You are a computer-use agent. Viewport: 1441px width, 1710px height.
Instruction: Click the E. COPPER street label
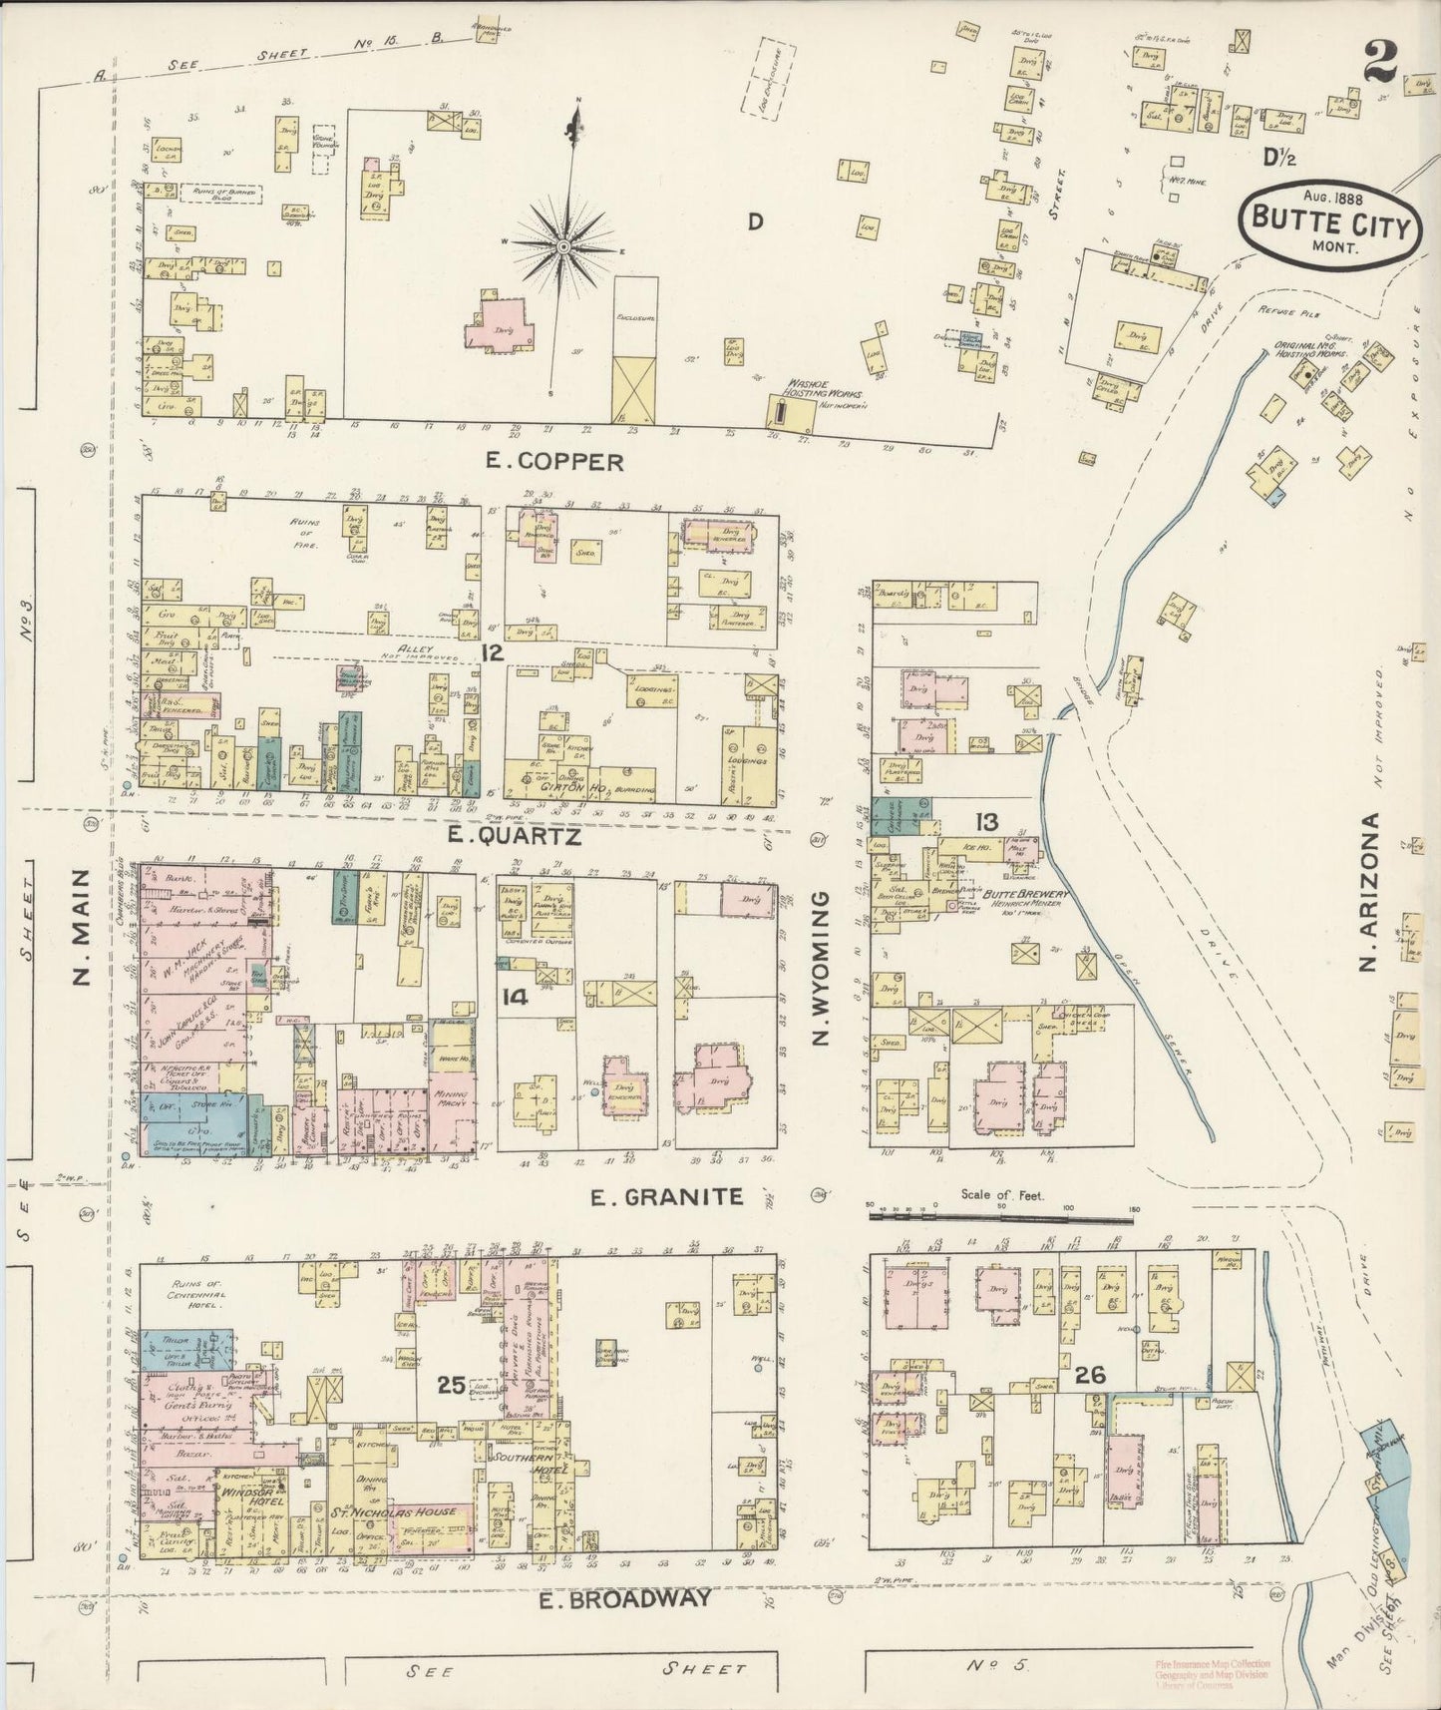point(554,461)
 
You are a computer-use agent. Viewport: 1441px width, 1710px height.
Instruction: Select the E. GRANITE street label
point(667,1196)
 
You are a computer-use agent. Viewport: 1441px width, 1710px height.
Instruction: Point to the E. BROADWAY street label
point(626,1599)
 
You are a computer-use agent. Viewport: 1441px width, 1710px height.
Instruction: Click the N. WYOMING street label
point(821,969)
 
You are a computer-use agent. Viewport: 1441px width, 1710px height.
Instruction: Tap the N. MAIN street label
point(84,927)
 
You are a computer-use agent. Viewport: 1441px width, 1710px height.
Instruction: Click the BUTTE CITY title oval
point(1329,224)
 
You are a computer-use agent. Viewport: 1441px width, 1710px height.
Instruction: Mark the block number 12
point(491,652)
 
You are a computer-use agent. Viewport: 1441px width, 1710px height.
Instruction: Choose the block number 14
point(515,996)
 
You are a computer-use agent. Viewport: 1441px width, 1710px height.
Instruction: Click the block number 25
point(452,1384)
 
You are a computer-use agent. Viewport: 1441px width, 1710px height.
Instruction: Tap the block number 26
point(1090,1376)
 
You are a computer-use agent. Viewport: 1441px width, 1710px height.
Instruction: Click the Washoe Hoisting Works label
point(822,388)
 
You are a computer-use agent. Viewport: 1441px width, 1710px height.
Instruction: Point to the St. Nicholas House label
point(407,1511)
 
